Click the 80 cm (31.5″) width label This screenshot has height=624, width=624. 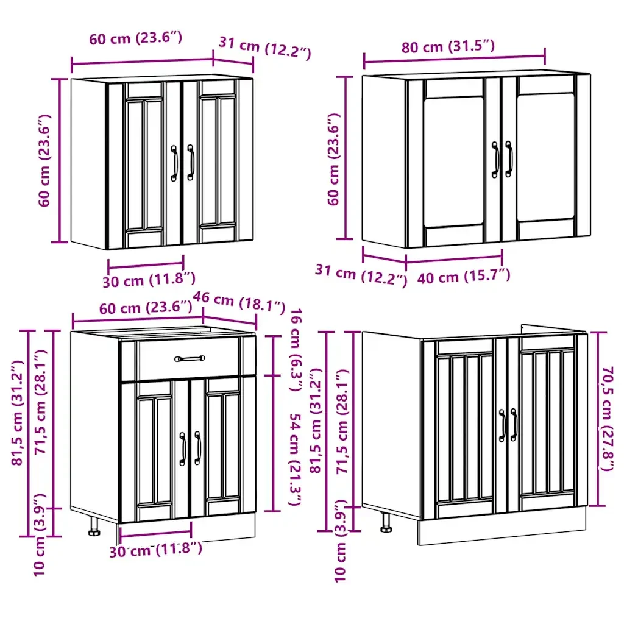(x=448, y=46)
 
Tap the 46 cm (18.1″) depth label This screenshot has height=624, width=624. (x=239, y=302)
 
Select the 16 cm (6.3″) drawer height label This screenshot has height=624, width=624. (x=296, y=349)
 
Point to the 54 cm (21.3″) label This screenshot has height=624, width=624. (x=295, y=459)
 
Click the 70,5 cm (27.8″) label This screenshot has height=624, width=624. (x=608, y=419)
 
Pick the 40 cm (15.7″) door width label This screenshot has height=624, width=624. (x=464, y=276)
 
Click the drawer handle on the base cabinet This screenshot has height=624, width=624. (x=190, y=358)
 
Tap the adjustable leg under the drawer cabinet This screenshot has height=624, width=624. (x=94, y=527)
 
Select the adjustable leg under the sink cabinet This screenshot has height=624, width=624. (x=386, y=522)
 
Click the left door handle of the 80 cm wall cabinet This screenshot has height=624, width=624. (x=495, y=160)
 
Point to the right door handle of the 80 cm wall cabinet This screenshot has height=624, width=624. (x=509, y=159)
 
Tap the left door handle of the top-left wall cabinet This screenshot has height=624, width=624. (x=174, y=163)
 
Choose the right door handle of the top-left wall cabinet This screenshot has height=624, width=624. (x=191, y=162)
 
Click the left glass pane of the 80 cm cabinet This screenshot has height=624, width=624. (x=453, y=161)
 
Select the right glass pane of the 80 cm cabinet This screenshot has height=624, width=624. (x=545, y=157)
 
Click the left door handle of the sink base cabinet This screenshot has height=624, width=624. (x=503, y=425)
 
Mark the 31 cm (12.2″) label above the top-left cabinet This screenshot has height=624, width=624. (x=264, y=48)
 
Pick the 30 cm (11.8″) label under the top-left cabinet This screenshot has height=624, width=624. (x=149, y=280)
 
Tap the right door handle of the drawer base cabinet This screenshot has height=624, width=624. (x=198, y=448)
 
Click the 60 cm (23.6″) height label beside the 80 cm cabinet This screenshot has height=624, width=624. (x=334, y=159)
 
